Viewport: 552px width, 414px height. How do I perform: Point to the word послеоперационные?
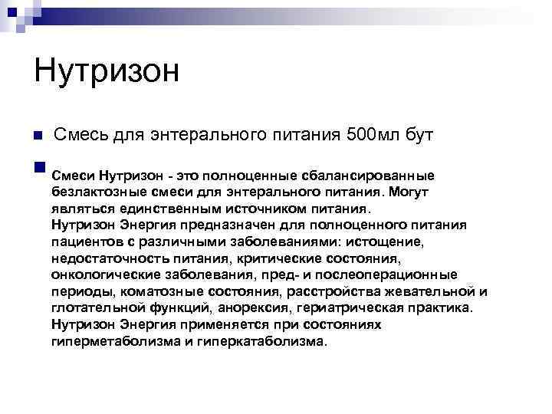[x=393, y=274]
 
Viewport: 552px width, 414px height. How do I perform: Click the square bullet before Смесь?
[x=38, y=136]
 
